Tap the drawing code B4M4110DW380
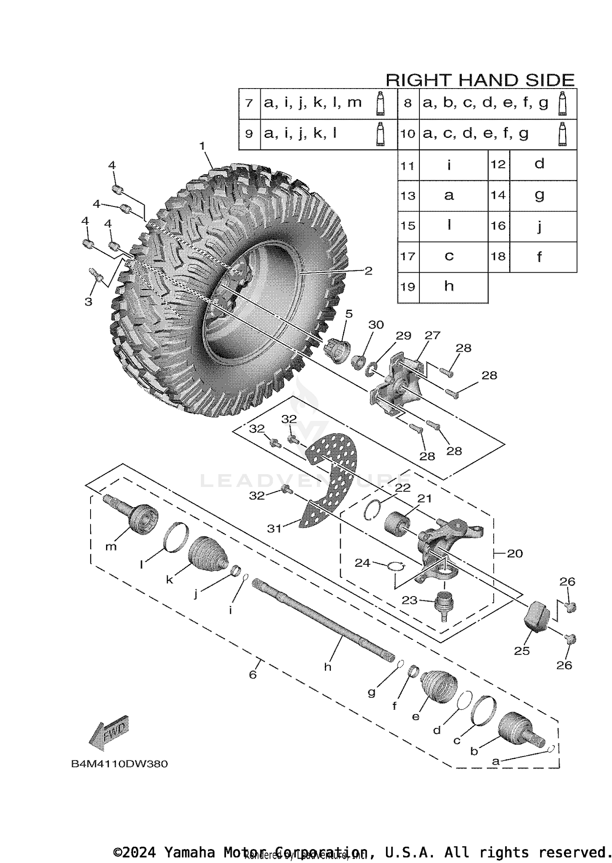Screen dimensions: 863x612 120,764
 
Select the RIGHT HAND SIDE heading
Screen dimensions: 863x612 480,80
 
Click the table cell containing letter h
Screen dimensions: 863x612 449,286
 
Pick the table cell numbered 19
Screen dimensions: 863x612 408,287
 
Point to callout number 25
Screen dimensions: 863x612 521,651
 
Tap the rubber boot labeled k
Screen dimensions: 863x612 207,553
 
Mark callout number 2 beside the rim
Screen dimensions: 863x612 368,271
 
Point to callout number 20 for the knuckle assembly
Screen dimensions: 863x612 514,553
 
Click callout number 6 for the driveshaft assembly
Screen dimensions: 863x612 253,674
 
